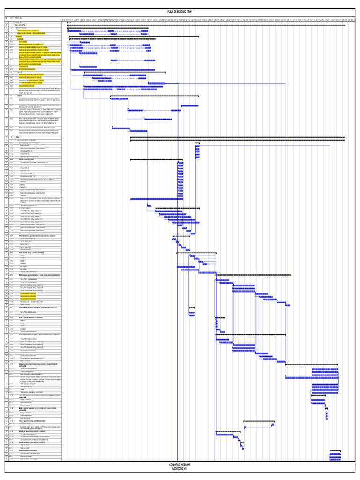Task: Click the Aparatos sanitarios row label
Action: click(x=28, y=253)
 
